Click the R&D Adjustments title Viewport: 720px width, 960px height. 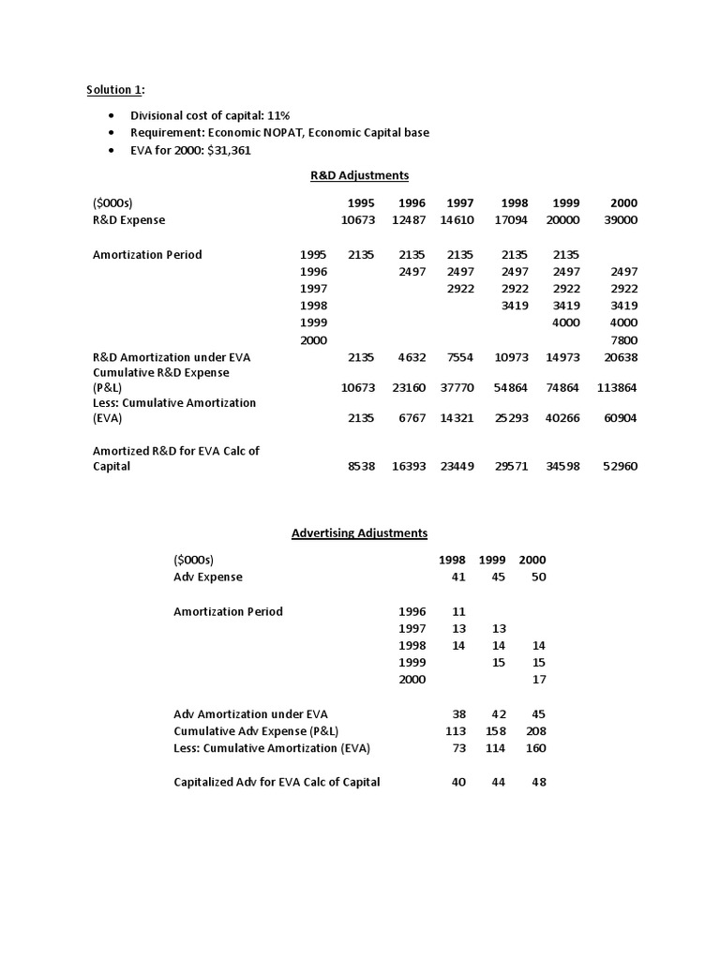[359, 175]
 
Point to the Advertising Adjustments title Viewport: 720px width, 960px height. [359, 532]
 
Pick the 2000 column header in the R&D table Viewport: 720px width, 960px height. [623, 202]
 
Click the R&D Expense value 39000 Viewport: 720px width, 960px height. [622, 219]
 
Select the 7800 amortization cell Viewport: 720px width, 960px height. [623, 339]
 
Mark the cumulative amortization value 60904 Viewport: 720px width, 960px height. [620, 417]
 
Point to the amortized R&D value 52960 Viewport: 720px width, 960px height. [620, 466]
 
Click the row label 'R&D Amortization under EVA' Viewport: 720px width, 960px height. [172, 357]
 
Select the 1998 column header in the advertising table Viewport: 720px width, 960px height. [452, 560]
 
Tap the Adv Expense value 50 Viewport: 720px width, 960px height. [538, 577]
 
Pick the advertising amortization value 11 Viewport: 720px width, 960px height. [458, 611]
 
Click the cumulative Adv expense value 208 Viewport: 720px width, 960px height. [536, 730]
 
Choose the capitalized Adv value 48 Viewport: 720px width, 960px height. [538, 782]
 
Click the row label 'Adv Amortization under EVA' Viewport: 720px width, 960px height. [251, 713]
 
